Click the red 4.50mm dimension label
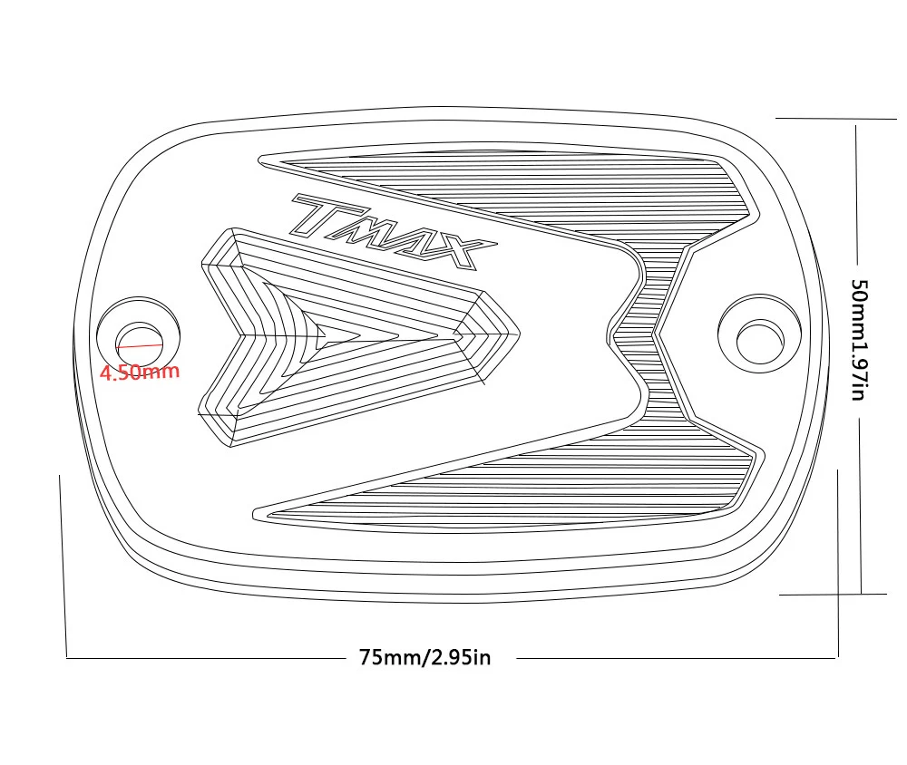point(140,372)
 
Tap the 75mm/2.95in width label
point(425,657)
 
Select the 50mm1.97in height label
point(860,340)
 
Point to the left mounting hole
point(140,341)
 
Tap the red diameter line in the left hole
point(140,345)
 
